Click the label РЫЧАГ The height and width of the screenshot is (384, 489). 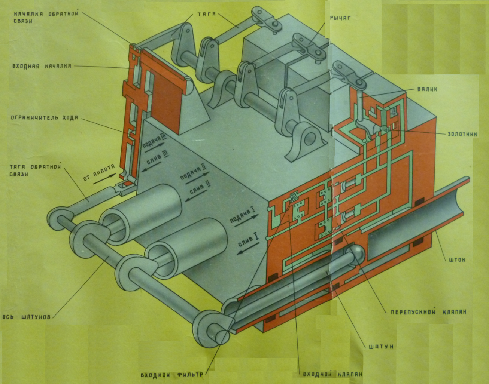click(340, 18)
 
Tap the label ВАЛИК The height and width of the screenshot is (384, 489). click(427, 89)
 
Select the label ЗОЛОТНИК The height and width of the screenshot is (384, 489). click(462, 134)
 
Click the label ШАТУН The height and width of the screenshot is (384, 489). click(381, 347)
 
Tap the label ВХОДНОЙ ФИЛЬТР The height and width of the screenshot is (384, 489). click(171, 375)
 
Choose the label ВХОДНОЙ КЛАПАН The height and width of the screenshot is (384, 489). click(332, 374)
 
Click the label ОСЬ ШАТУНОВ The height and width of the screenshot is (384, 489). click(26, 317)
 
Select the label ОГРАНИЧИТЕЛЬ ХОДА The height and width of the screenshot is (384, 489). click(45, 117)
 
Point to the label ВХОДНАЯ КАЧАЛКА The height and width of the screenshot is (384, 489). click(42, 66)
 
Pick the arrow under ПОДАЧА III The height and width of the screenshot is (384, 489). click(155, 148)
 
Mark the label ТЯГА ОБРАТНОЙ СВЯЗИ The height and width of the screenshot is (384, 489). click(36, 171)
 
